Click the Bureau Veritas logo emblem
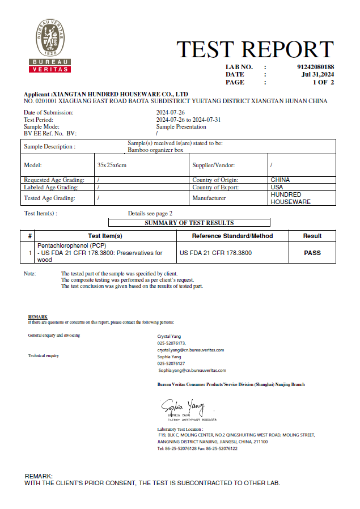point(50,45)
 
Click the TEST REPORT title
point(255,50)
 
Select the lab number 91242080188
point(315,67)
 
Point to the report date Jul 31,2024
point(317,74)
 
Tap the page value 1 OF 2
point(323,82)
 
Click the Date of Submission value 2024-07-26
point(171,113)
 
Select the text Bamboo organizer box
point(155,150)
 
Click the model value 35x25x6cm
point(112,165)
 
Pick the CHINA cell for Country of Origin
point(280,180)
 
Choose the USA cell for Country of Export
point(277,187)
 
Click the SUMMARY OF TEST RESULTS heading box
point(189,223)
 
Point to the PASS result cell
point(312,253)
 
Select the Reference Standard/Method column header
point(232,236)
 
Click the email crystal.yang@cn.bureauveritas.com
point(190,350)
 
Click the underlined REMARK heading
point(37,317)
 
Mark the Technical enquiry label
point(44,356)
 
